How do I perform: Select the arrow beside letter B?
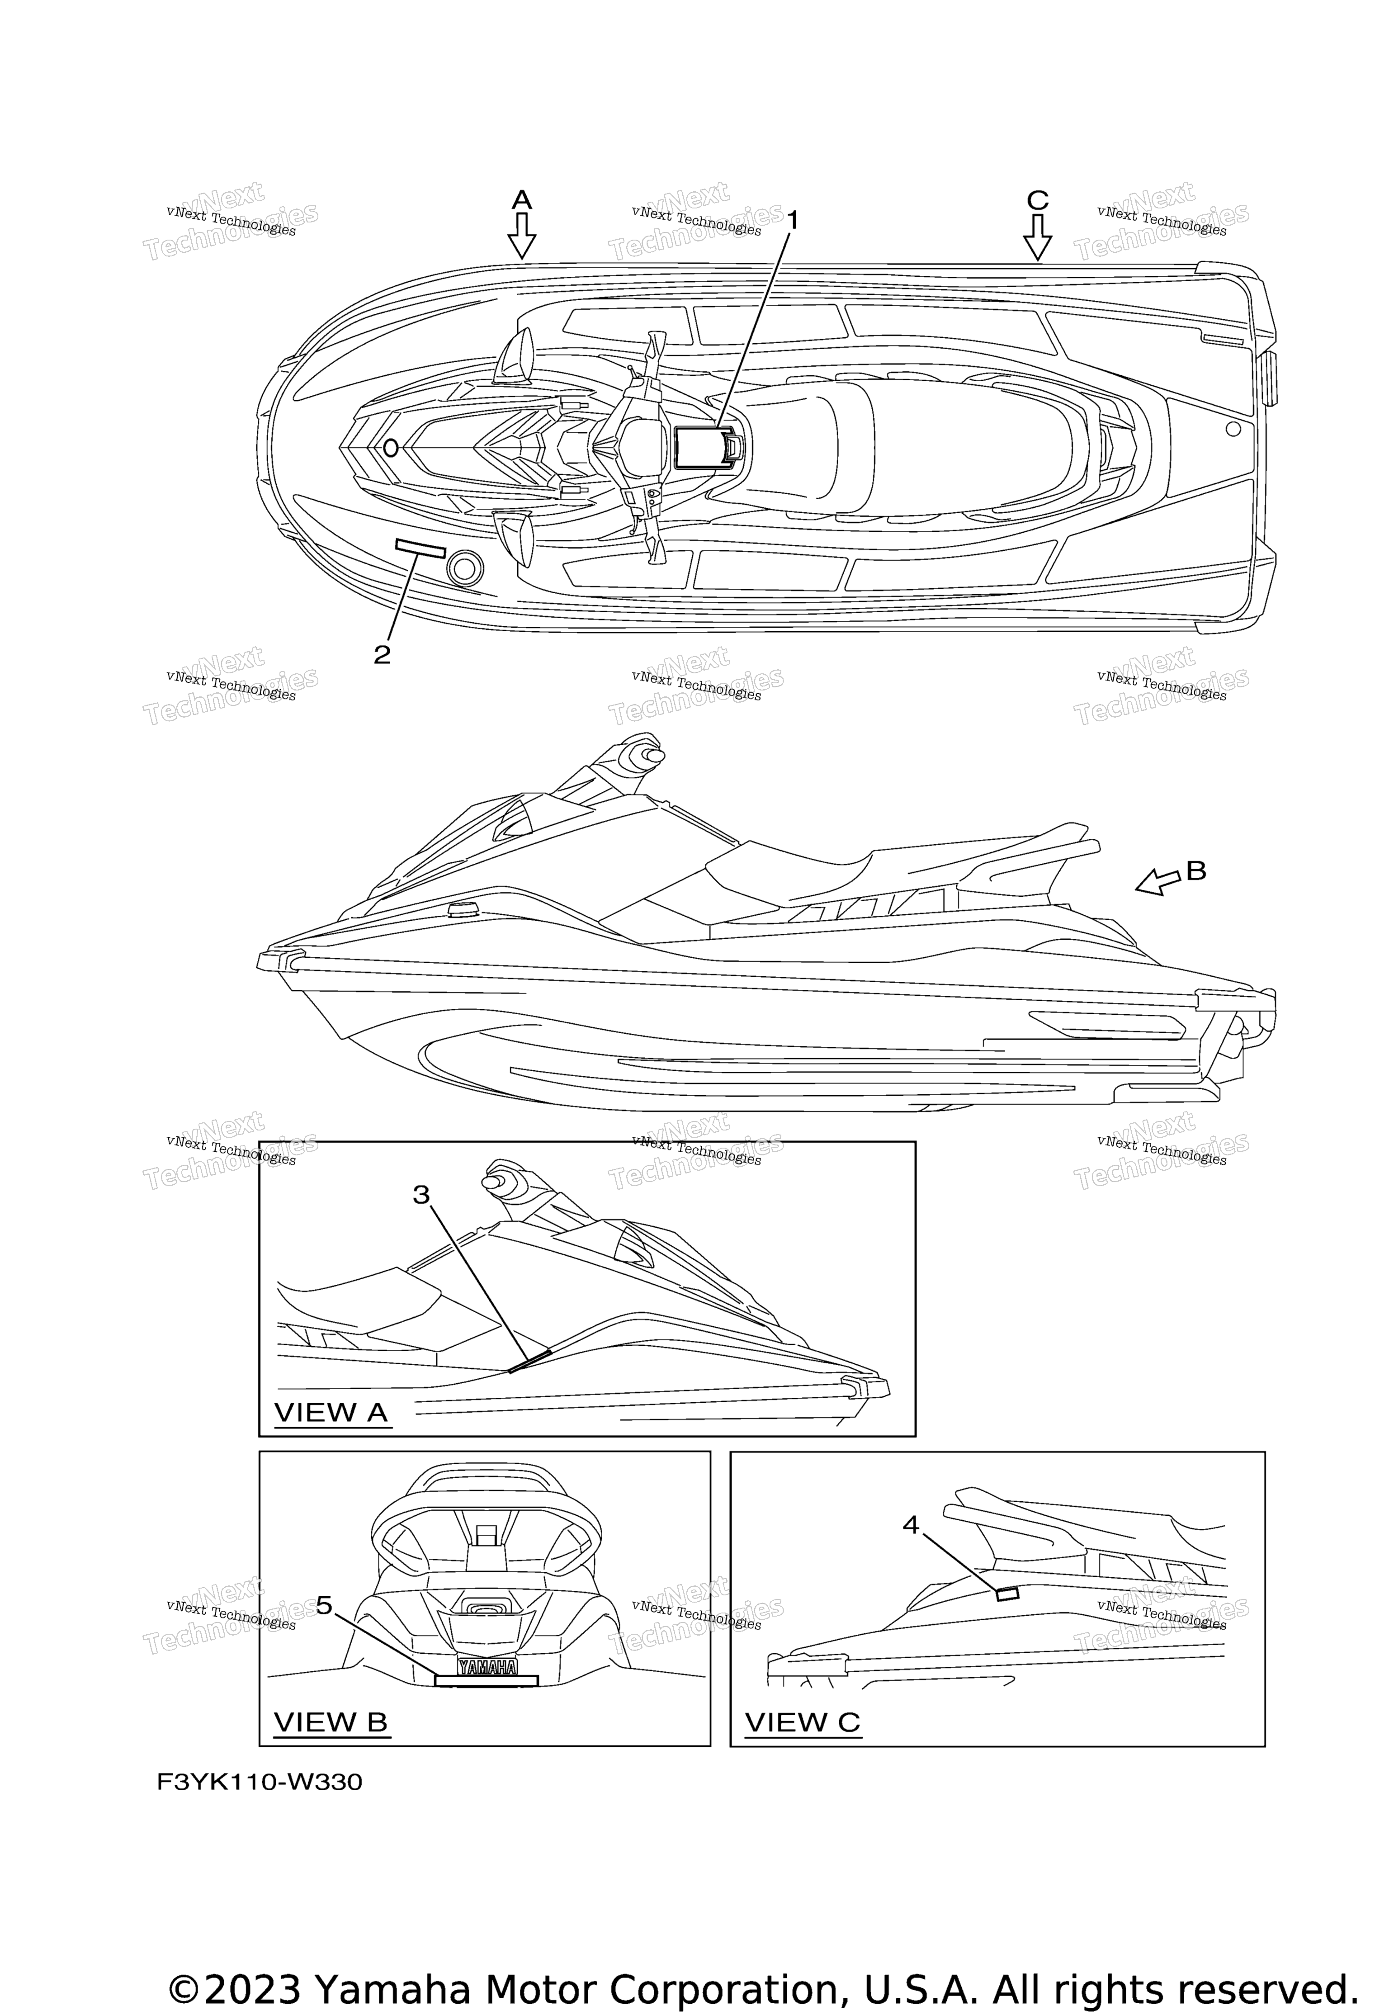tap(1157, 883)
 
